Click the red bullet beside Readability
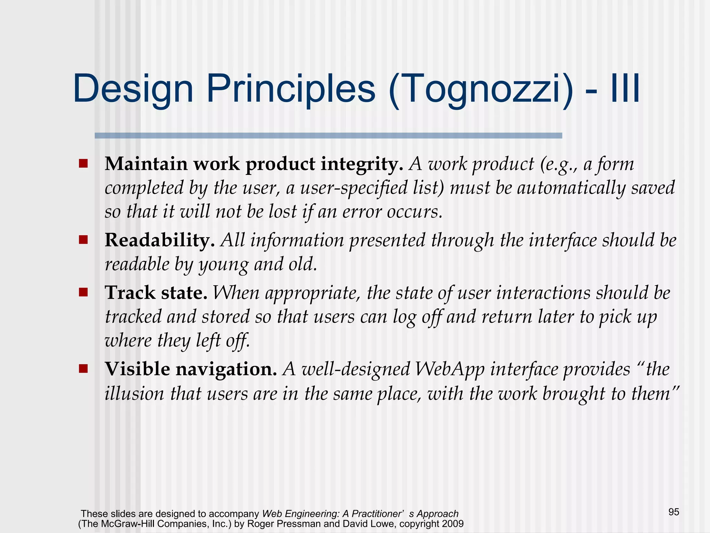(x=83, y=240)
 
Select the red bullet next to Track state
(x=83, y=292)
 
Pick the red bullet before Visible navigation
(x=83, y=369)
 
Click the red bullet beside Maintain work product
(x=83, y=163)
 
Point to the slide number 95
(x=674, y=512)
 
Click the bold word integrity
(x=362, y=164)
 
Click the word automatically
(x=571, y=188)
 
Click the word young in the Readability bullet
(x=224, y=265)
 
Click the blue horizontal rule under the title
(x=328, y=136)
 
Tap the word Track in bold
(x=130, y=293)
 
